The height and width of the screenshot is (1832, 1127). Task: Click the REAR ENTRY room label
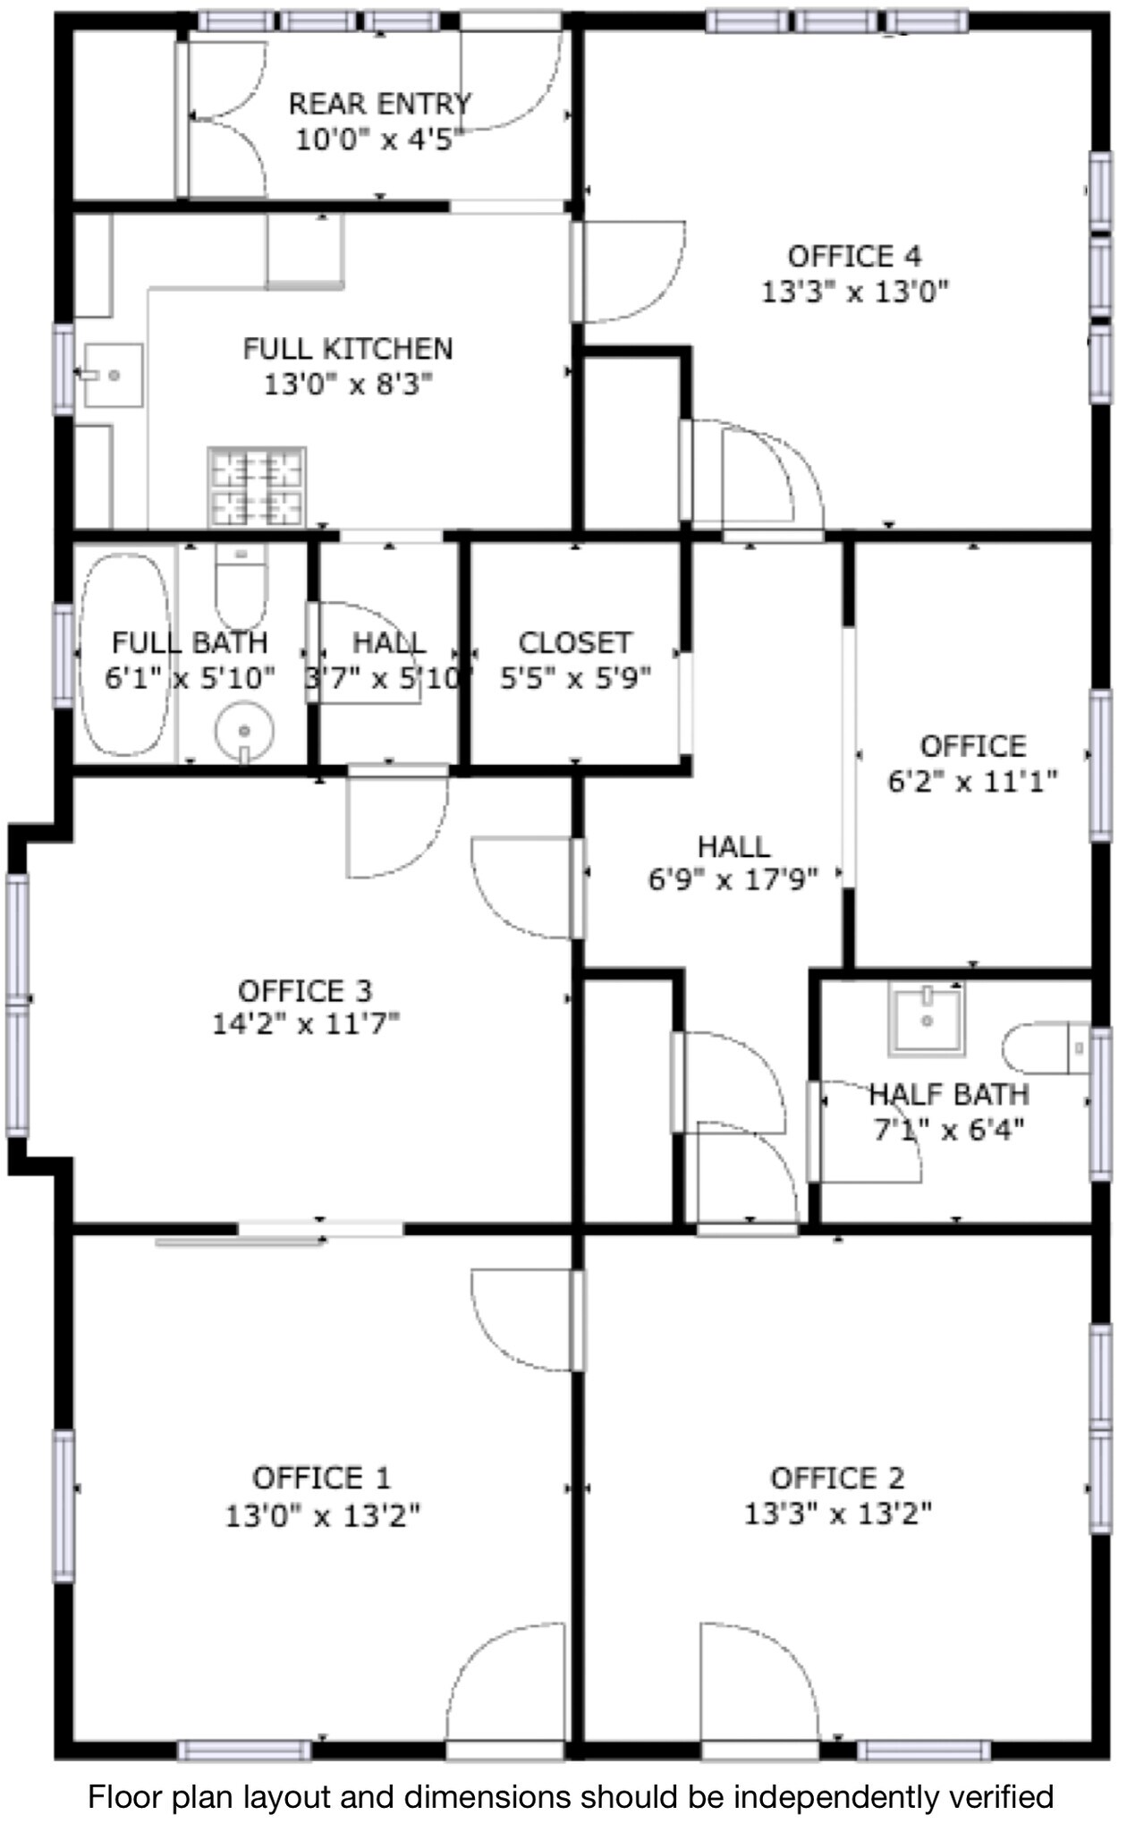pos(379,105)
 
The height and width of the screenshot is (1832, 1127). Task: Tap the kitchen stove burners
pos(257,487)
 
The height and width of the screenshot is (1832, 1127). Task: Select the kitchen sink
pos(113,375)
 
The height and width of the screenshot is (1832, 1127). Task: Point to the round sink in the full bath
pos(244,732)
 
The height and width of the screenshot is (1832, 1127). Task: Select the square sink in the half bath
pos(928,1018)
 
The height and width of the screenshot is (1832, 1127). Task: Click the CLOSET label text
pos(575,642)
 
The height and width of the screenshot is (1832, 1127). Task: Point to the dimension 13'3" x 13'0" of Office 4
pos(854,292)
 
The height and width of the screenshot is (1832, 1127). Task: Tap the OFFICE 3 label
pos(305,991)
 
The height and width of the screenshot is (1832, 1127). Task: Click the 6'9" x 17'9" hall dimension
pos(733,880)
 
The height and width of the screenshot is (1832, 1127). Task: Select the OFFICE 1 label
pos(321,1477)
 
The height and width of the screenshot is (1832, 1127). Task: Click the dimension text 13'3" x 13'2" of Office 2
pos(838,1513)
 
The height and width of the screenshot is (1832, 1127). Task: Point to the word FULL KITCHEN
pos(348,348)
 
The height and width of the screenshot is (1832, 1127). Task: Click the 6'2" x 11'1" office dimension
pos(972,781)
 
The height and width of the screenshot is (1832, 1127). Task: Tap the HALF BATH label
pos(949,1094)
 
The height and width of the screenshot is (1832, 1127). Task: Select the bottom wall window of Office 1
pos(244,1750)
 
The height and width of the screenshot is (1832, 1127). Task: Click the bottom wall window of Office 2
pos(924,1750)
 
